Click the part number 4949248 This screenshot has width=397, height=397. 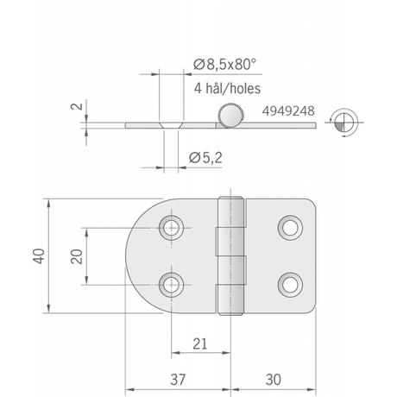pyautogui.click(x=288, y=111)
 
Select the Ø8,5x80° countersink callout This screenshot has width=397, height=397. pyautogui.click(x=224, y=64)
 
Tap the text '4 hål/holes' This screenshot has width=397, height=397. pyautogui.click(x=227, y=88)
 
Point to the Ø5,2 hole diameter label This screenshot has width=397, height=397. pyautogui.click(x=205, y=158)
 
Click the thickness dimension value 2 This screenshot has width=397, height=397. pyautogui.click(x=76, y=106)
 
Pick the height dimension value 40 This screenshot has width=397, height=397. pyautogui.click(x=39, y=255)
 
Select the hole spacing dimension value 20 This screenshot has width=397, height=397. pyautogui.click(x=76, y=256)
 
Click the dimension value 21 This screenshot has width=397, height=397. pyautogui.click(x=200, y=343)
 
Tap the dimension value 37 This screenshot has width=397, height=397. pyautogui.click(x=178, y=380)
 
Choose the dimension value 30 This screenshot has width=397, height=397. pyautogui.click(x=273, y=380)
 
